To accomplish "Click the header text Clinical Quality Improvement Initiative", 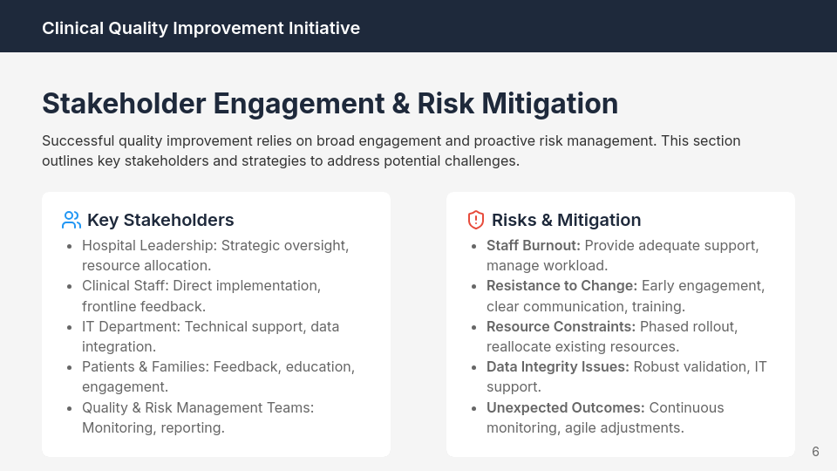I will pos(201,28).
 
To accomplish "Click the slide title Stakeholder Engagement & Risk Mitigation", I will pos(330,103).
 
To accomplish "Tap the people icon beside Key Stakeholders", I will pos(71,220).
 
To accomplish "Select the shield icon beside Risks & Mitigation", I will pos(476,220).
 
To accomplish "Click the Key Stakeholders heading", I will pos(160,220).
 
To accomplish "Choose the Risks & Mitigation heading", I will pos(566,220).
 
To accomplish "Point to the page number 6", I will pos(815,451).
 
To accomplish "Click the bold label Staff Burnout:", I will pos(533,245).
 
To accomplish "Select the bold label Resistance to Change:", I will pos(561,286).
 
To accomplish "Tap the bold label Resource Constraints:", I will pos(561,326).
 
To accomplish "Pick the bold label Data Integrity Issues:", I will pos(557,367).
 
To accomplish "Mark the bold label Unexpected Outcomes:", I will pos(565,407).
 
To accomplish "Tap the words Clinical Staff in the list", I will pos(124,286).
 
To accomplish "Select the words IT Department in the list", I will pos(129,326).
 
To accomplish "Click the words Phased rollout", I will pos(688,326).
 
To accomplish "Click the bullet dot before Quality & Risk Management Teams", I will pos(69,408).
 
